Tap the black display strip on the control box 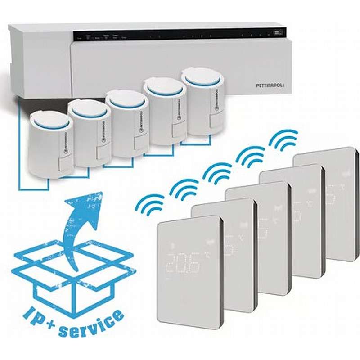180,35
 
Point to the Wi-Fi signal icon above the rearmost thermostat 284,140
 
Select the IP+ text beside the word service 38,315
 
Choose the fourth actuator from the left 165,112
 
